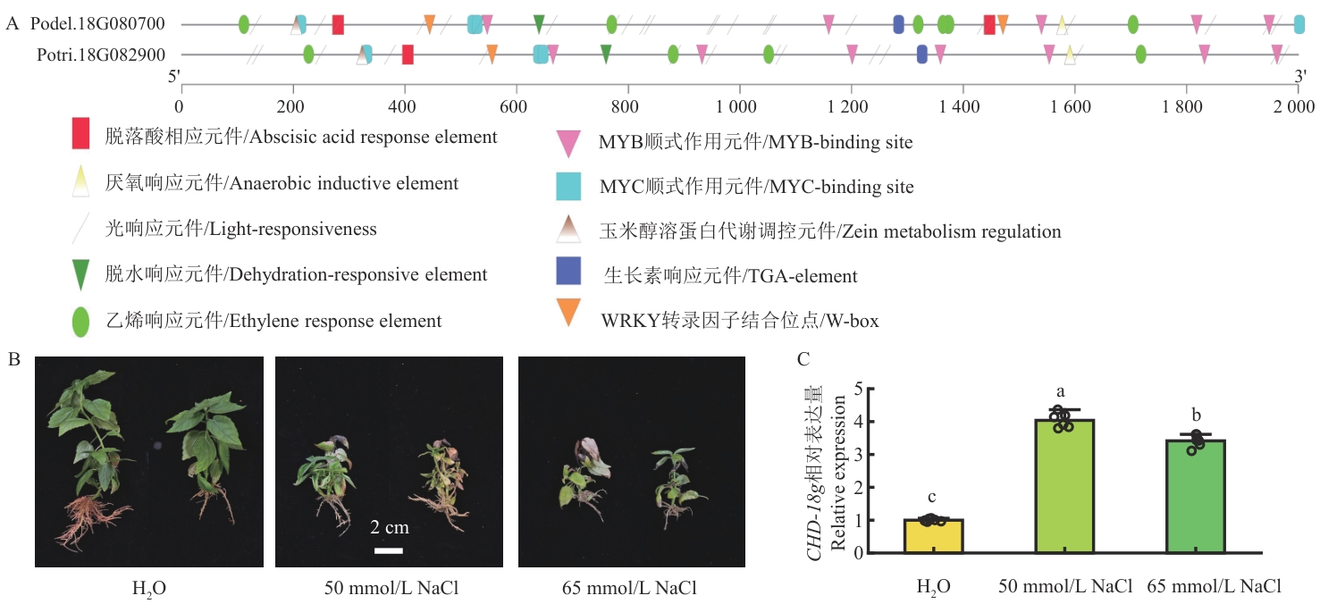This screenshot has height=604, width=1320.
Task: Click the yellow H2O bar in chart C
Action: [x=933, y=536]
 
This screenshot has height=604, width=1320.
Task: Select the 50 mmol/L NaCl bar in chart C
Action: [x=1064, y=486]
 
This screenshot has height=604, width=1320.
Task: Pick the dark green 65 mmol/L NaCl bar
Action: [x=1196, y=496]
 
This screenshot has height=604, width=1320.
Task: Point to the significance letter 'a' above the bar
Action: [x=1061, y=391]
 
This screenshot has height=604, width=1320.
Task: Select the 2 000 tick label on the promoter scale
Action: [x=1294, y=106]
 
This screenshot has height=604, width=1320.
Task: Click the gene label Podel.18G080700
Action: [x=97, y=23]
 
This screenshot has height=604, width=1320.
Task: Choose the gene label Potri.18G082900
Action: [x=101, y=55]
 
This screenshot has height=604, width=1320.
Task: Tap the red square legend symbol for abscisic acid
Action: [x=80, y=133]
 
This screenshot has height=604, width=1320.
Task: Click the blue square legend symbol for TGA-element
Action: [x=568, y=271]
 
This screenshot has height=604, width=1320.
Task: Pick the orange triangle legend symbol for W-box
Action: [x=568, y=312]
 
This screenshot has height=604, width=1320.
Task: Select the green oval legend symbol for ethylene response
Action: [x=80, y=322]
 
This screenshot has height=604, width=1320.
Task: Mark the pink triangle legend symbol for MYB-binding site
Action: [x=568, y=143]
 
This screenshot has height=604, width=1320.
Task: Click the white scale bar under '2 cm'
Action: [x=389, y=551]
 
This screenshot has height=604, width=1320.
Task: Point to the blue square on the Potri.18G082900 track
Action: [x=922, y=55]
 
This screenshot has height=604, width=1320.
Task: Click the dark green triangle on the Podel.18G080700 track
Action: [x=539, y=23]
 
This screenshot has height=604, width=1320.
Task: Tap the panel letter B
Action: [x=14, y=359]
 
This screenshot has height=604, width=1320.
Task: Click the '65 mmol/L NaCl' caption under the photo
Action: [x=629, y=588]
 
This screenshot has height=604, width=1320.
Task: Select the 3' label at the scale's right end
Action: [x=1300, y=76]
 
